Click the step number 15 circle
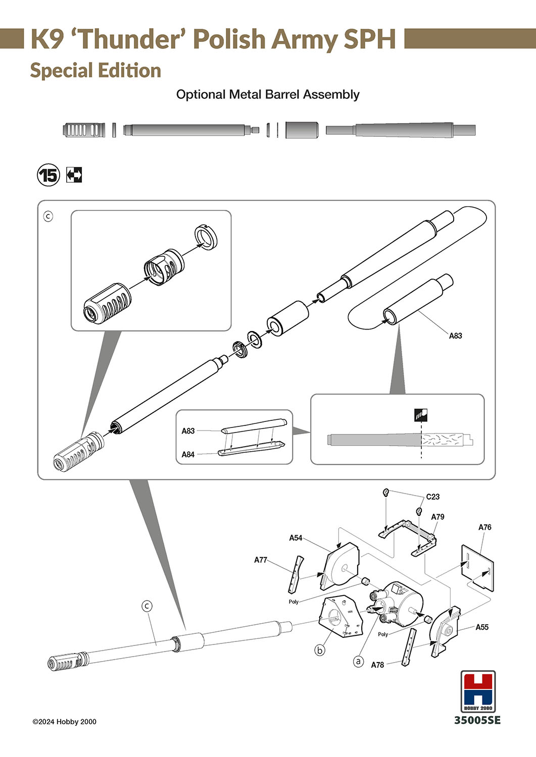(x=48, y=175)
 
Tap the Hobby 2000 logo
(x=478, y=691)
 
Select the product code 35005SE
(x=477, y=720)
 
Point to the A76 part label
(x=484, y=527)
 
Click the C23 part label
(x=432, y=497)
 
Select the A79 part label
(x=437, y=517)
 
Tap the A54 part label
(x=296, y=538)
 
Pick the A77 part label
(x=261, y=560)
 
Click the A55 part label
(x=482, y=627)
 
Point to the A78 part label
(x=377, y=665)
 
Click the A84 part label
(x=188, y=454)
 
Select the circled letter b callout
(x=320, y=650)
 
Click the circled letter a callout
(x=358, y=661)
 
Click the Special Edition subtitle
(x=95, y=71)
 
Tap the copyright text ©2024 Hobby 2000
(x=64, y=722)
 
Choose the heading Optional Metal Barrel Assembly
(x=268, y=94)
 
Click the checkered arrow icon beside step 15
(x=74, y=175)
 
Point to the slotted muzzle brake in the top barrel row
(x=84, y=130)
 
